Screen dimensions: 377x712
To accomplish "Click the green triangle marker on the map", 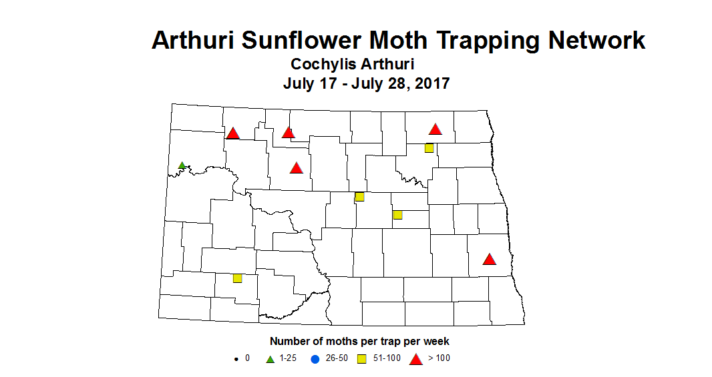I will pyautogui.click(x=182, y=165).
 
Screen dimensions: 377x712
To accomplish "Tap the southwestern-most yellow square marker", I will pyautogui.click(x=237, y=278).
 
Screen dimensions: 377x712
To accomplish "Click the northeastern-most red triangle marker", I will pyautogui.click(x=435, y=129).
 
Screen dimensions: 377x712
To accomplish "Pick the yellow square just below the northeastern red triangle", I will pyautogui.click(x=429, y=148).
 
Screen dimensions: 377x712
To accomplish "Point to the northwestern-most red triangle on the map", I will pyautogui.click(x=232, y=133).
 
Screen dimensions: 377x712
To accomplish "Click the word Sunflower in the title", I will pyautogui.click(x=315, y=40).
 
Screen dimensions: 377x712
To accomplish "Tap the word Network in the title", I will pyautogui.click(x=596, y=40).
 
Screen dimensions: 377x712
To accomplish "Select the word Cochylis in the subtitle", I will pyautogui.click(x=323, y=65).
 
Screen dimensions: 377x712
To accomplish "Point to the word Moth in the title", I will pyautogui.click(x=427, y=40).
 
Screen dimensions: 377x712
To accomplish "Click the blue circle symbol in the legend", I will pyautogui.click(x=316, y=359).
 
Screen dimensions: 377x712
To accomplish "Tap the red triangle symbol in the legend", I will pyautogui.click(x=415, y=359).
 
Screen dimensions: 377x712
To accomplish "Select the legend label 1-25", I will pyautogui.click(x=288, y=358).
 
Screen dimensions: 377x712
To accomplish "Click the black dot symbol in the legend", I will pyautogui.click(x=236, y=359).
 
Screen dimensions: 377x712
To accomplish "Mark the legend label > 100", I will pyautogui.click(x=439, y=358).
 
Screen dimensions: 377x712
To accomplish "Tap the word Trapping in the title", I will pyautogui.click(x=505, y=40).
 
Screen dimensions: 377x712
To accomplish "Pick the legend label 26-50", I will pyautogui.click(x=336, y=358).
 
